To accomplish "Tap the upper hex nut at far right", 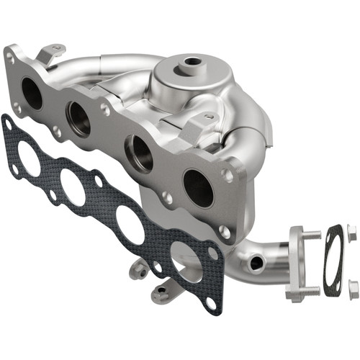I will (x=351, y=231).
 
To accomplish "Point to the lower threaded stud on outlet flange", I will (x=311, y=290).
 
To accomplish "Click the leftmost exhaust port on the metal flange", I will (x=32, y=92).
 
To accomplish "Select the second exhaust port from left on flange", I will (x=78, y=118).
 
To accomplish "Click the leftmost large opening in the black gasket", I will (x=27, y=158).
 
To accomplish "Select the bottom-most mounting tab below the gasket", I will (x=161, y=292).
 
